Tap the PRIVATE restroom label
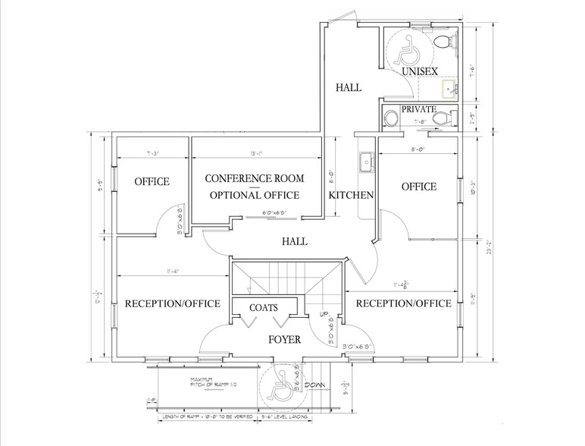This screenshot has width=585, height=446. click(418, 109)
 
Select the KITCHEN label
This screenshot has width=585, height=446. click(352, 196)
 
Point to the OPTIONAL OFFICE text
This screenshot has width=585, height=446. click(255, 196)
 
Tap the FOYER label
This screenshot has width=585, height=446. click(283, 339)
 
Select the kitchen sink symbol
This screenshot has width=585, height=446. click(366, 162)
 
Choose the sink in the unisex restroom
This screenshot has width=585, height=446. click(450, 90)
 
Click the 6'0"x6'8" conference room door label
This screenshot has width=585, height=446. click(276, 213)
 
